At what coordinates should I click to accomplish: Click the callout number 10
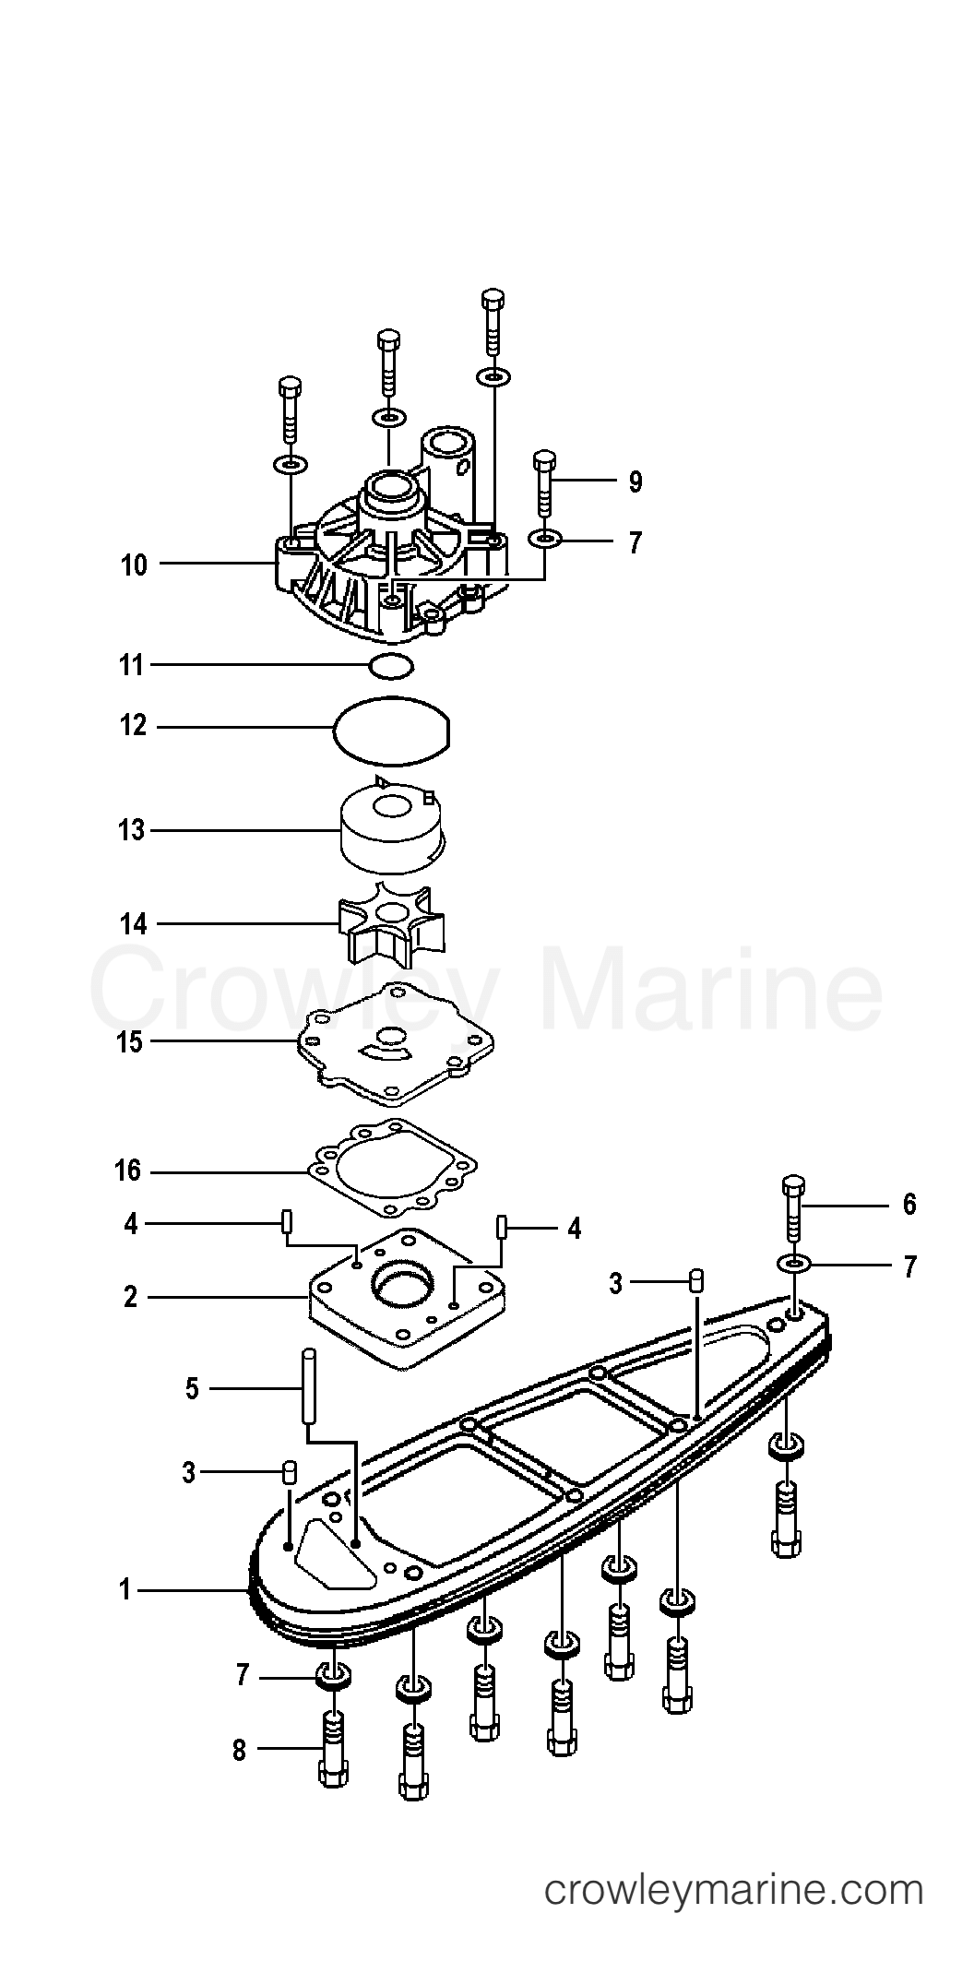(x=134, y=565)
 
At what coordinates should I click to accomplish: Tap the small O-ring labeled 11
(x=391, y=664)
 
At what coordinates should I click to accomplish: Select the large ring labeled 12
(x=392, y=730)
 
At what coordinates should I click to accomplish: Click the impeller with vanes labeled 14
(x=388, y=922)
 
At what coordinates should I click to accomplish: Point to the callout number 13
(x=132, y=830)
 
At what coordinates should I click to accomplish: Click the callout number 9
(x=635, y=481)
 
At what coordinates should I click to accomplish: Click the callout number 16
(x=128, y=1171)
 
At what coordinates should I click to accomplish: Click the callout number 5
(x=192, y=1389)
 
